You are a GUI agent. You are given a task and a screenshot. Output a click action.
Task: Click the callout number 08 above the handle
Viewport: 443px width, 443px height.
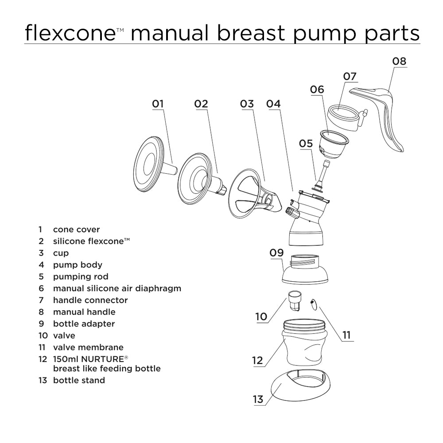click(x=399, y=61)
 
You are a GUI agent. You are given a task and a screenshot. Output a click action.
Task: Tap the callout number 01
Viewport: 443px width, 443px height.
click(x=158, y=104)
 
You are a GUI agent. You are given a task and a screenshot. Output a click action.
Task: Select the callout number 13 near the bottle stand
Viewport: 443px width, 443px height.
click(x=258, y=399)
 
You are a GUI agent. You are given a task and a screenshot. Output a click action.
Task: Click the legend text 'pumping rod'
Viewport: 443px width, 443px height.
click(x=80, y=277)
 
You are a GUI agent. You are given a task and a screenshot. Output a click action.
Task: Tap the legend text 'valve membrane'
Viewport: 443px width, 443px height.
click(x=88, y=347)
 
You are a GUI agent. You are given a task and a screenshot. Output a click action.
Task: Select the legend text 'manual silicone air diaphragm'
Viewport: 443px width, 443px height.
click(x=117, y=288)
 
